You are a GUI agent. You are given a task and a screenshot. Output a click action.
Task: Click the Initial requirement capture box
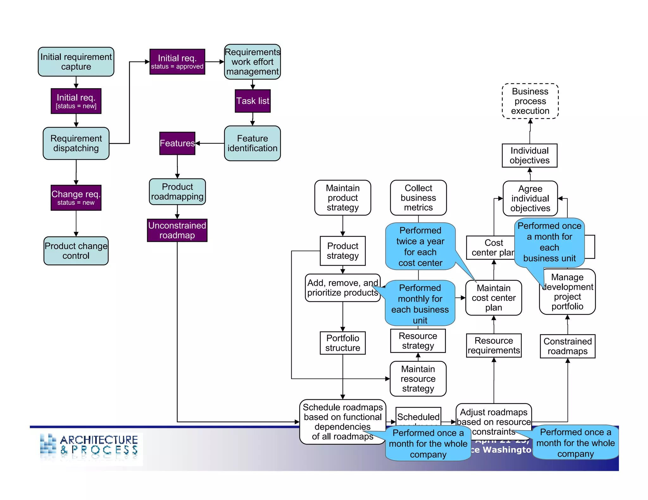(76, 62)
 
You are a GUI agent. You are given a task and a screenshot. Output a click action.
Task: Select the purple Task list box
(252, 101)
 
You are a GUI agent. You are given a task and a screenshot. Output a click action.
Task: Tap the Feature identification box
(252, 143)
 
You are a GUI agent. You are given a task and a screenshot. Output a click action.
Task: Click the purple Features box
(177, 143)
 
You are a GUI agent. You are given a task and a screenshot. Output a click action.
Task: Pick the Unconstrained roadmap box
(177, 230)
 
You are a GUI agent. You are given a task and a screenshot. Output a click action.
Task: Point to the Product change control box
(76, 251)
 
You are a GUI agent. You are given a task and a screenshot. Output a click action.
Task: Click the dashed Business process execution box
(530, 101)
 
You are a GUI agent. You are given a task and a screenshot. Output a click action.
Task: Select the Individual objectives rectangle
(529, 155)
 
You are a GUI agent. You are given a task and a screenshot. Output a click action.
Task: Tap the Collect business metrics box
(418, 198)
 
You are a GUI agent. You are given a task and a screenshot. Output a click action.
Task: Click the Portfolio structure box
(342, 343)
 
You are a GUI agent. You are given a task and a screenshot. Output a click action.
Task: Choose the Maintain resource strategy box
(418, 379)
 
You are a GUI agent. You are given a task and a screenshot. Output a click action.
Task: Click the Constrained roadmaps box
(567, 346)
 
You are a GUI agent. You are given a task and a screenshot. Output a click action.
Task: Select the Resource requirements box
(494, 345)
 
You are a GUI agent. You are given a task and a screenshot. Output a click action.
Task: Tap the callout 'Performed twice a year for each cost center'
(420, 247)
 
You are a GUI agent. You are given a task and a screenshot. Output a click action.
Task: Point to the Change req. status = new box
(76, 198)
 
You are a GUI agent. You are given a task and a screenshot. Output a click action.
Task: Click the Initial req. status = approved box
(177, 62)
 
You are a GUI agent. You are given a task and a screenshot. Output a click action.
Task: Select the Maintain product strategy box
(342, 198)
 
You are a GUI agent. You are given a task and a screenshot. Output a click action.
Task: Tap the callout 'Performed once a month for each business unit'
(549, 242)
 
